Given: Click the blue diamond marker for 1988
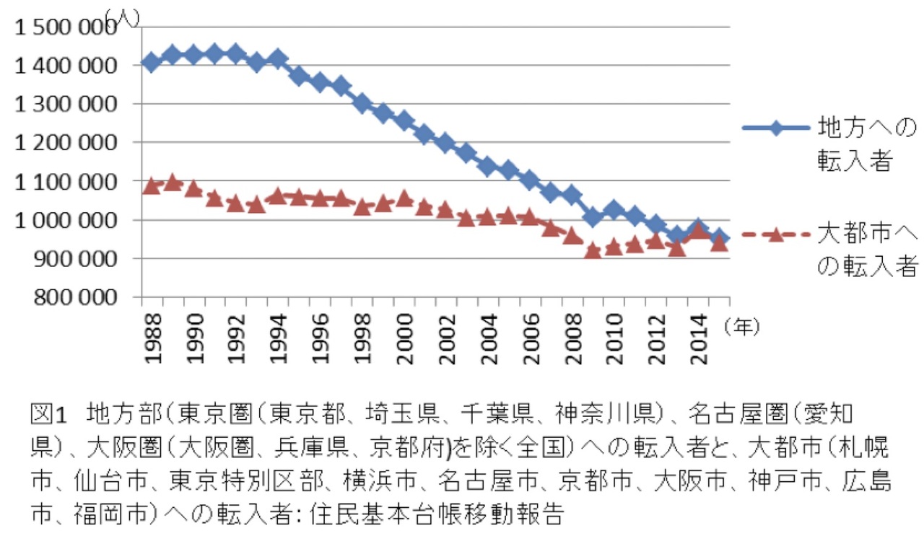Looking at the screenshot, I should click(151, 62).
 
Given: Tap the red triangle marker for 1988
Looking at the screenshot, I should click(151, 186).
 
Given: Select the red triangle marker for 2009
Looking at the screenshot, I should click(593, 250).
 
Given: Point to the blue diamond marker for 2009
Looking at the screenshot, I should click(593, 216).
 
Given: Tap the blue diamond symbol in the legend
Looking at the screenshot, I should click(775, 129).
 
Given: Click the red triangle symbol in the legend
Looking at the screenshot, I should click(775, 234).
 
